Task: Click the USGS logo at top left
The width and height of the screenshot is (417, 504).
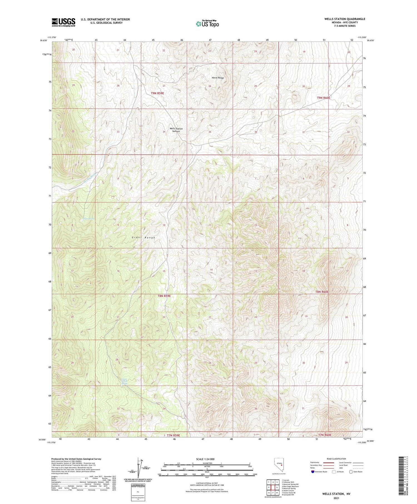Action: (63, 22)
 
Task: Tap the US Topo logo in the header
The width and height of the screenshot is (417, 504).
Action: (207, 24)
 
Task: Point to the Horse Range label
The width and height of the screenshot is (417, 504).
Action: (217, 78)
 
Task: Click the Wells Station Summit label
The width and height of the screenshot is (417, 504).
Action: (177, 130)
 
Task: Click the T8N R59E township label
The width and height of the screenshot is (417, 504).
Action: (164, 296)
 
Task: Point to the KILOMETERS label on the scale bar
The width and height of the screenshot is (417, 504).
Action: (207, 463)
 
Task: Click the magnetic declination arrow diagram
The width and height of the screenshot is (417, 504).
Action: (138, 467)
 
